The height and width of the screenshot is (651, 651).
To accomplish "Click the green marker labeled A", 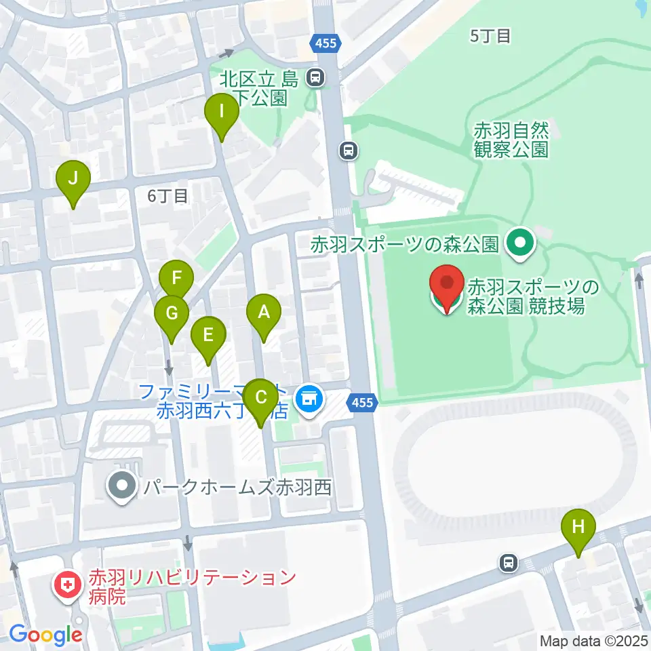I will (x=264, y=313).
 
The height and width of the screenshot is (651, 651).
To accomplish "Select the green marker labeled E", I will (x=208, y=335).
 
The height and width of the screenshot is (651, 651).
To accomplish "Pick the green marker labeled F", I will (x=176, y=279).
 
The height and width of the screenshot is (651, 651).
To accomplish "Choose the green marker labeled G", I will (x=171, y=314).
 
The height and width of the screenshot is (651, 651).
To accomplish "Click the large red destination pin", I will (x=447, y=287).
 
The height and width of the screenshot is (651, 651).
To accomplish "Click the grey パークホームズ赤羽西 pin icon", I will (x=123, y=486).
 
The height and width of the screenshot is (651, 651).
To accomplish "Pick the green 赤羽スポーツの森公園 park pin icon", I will (x=521, y=242).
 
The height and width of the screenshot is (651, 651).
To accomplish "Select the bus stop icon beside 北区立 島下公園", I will (x=315, y=78).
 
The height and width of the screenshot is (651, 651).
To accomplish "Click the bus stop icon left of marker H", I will (x=508, y=562).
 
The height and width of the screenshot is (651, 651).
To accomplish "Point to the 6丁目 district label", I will (x=167, y=196).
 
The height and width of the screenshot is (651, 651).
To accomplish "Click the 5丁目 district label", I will (x=490, y=36).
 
